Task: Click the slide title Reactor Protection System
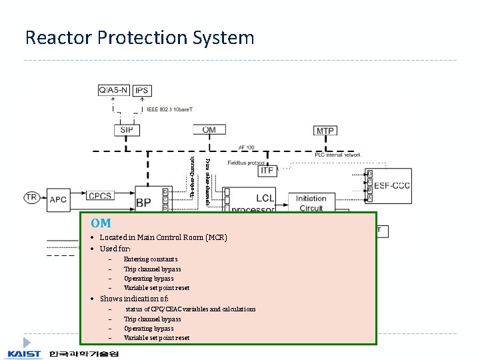pos(139,37)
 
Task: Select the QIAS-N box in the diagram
pos(114,90)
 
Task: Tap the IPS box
pos(141,90)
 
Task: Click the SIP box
pos(126,130)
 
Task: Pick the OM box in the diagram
pos(209,130)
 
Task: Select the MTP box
pos(325,131)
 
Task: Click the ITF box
pos(267,171)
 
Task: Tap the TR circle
pos(31,197)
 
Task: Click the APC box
pos(58,199)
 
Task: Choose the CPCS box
pos(100,196)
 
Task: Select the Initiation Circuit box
pos(311,203)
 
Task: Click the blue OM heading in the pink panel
pos(101,223)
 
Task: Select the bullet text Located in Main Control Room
pos(163,237)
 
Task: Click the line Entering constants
pos(150,259)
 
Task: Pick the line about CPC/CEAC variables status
pos(190,309)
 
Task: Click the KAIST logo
pos(24,353)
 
